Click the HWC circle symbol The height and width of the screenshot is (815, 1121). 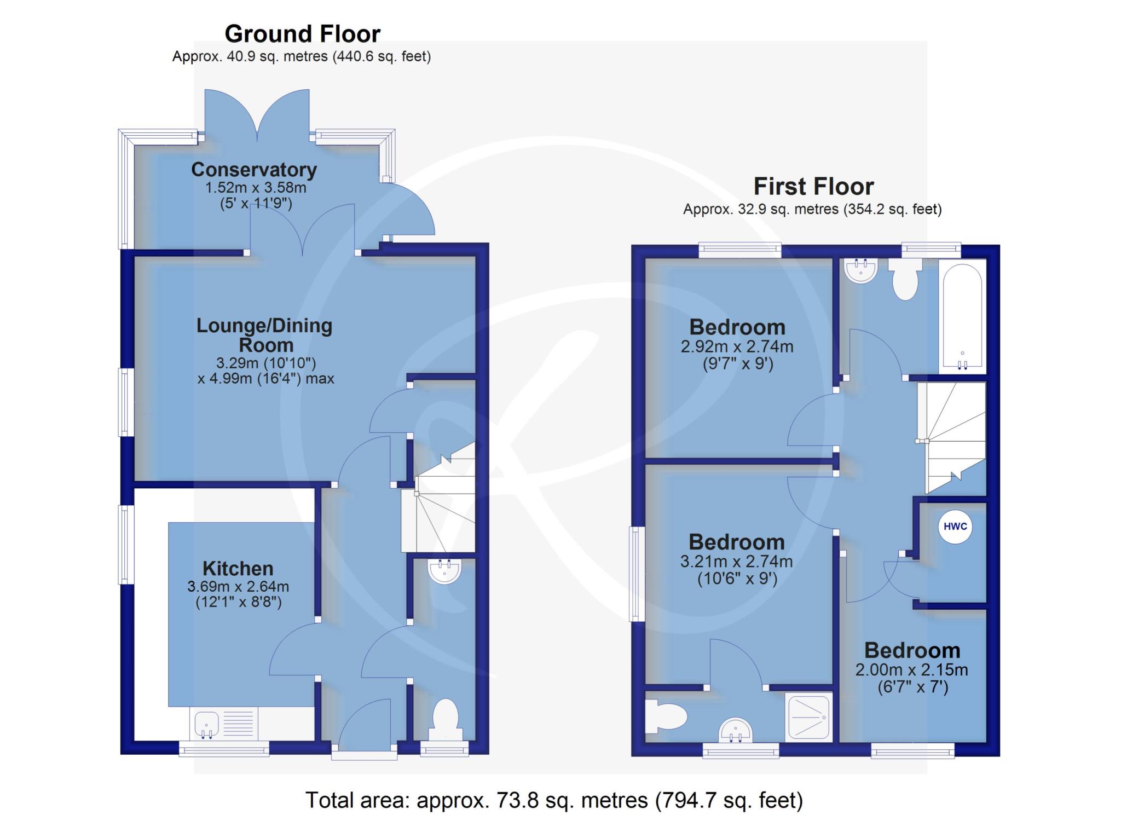pos(956,527)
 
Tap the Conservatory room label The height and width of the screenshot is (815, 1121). pos(254,170)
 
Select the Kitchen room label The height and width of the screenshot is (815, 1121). pos(238,568)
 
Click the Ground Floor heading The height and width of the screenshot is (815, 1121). pos(302,34)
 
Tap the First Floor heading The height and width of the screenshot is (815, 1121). pos(813,186)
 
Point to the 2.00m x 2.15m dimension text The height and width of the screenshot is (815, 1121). pos(911,670)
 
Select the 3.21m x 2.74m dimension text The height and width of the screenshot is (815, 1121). pos(736,562)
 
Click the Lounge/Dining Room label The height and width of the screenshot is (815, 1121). pos(265,335)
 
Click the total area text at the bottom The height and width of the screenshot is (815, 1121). pos(554,800)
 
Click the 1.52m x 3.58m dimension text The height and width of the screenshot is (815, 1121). pos(255,188)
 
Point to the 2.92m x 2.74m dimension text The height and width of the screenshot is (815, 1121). pos(737,346)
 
